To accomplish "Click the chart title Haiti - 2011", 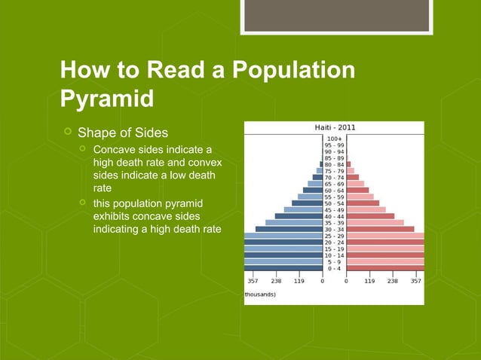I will [x=335, y=127].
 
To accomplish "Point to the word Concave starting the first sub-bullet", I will [x=115, y=150].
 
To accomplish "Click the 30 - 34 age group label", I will [x=334, y=229].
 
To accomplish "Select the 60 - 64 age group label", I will [x=334, y=190].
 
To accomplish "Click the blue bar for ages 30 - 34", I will [x=289, y=229].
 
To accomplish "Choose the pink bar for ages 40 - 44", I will [x=370, y=216].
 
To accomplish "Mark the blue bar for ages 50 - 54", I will [x=307, y=203].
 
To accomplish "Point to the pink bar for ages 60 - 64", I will [x=357, y=190].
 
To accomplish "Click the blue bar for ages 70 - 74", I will [x=317, y=177].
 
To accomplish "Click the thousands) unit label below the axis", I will [x=261, y=294].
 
